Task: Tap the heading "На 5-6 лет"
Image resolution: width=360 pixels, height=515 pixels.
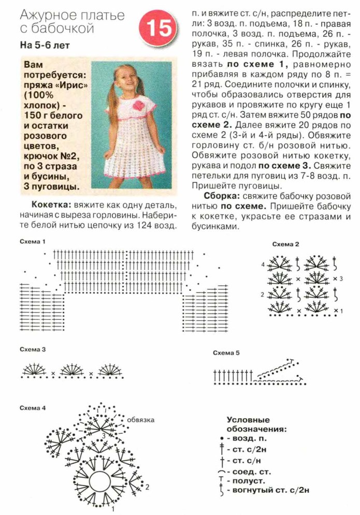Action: (x=45, y=45)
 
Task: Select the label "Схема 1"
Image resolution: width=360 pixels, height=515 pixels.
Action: (x=33, y=242)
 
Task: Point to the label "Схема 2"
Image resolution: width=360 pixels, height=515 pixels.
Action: (x=286, y=244)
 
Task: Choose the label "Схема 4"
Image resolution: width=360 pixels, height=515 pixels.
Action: (x=33, y=408)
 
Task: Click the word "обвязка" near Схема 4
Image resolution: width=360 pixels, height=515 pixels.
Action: (x=141, y=419)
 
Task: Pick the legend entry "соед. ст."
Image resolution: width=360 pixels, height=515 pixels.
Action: (x=251, y=472)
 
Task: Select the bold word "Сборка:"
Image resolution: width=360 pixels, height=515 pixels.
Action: (x=221, y=196)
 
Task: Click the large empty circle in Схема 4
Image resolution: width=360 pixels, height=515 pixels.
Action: (x=102, y=483)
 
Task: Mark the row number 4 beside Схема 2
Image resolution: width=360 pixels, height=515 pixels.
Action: (x=263, y=264)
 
